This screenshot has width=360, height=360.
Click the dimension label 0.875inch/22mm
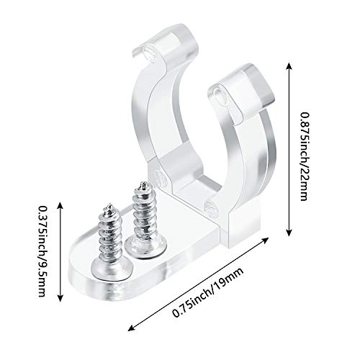coord(304,156)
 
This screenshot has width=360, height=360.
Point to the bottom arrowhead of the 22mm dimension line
coord(289,233)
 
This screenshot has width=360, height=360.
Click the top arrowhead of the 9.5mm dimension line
coord(60,205)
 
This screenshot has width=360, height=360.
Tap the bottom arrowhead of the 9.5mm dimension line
coord(60,298)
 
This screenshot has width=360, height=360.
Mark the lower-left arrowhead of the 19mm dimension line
coord(131,328)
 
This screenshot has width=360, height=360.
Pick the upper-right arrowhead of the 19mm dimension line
coord(265,240)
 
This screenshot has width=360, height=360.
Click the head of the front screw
coord(112,268)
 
